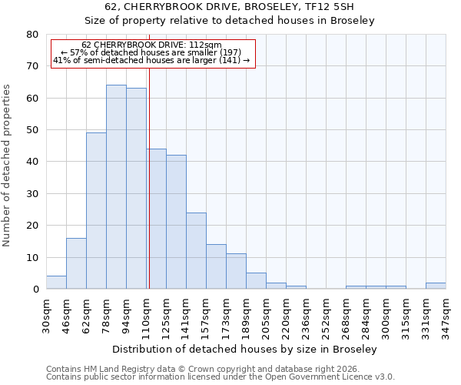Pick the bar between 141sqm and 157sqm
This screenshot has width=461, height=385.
[x=196, y=251]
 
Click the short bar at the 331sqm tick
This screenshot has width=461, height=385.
[x=436, y=286]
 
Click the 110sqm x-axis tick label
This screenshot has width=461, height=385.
[x=147, y=316]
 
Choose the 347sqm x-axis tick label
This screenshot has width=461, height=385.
[x=446, y=316]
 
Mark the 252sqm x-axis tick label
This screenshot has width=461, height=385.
[x=327, y=316]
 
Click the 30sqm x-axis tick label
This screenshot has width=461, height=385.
[x=47, y=316]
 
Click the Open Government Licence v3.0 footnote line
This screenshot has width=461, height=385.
[x=221, y=377]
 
